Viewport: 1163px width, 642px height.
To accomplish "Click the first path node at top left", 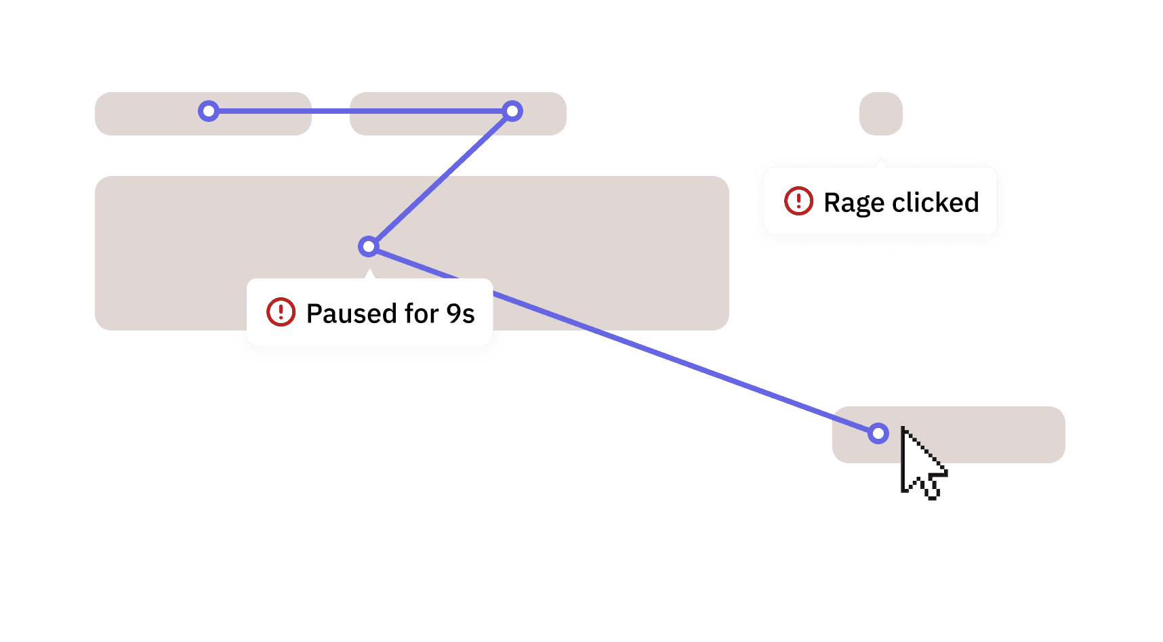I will pos(209,111).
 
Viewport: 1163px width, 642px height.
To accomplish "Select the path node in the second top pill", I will pos(512,111).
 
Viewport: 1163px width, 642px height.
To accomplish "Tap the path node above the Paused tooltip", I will pos(369,247).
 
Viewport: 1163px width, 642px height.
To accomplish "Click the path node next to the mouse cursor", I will pos(878,433).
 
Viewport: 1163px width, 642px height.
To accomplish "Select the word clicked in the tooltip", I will pos(935,202).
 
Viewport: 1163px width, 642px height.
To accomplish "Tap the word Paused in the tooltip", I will pos(351,314).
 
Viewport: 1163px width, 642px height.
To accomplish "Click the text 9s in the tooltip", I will pos(460,314).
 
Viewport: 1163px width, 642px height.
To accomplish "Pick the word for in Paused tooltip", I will pos(422,314).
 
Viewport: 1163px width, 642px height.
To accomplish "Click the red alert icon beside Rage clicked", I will pos(798,201).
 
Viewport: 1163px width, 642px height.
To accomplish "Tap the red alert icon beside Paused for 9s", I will pos(281,312).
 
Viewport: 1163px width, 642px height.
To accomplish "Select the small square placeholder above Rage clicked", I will pos(881,114).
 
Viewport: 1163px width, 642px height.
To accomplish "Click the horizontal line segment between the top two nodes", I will pos(359,111).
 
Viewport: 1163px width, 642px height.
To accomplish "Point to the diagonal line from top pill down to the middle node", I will pos(441,179).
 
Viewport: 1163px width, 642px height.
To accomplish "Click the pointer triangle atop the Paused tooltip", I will pos(369,274).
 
